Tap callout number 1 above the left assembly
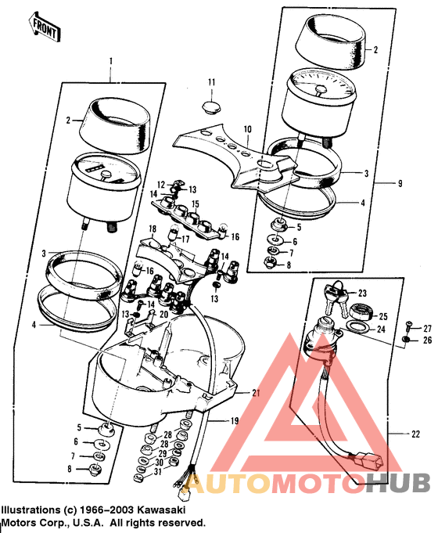(111, 61)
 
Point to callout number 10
(247, 128)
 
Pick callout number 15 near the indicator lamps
(195, 203)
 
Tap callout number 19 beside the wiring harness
(233, 421)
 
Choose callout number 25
(383, 316)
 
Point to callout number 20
(163, 314)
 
